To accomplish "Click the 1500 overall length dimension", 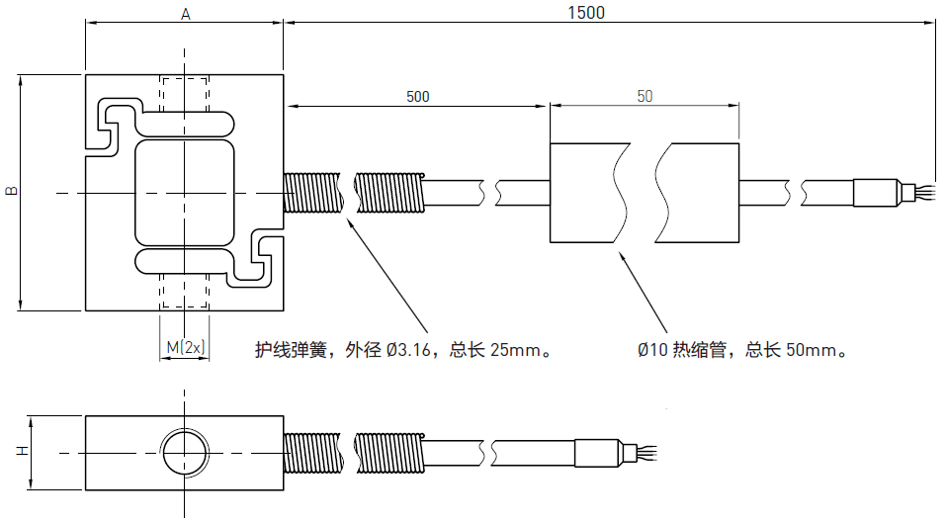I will (x=585, y=13).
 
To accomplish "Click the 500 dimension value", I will (x=418, y=97).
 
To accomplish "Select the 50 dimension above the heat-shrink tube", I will (x=645, y=97).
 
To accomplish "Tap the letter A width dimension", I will (x=185, y=14).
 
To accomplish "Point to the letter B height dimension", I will (x=11, y=190).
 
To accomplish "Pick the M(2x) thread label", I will (x=185, y=347).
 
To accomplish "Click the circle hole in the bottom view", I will (x=185, y=453).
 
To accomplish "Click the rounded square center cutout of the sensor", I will (x=185, y=193).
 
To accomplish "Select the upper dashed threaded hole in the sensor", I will (x=185, y=95).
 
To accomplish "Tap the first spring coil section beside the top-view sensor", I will (x=312, y=193).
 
